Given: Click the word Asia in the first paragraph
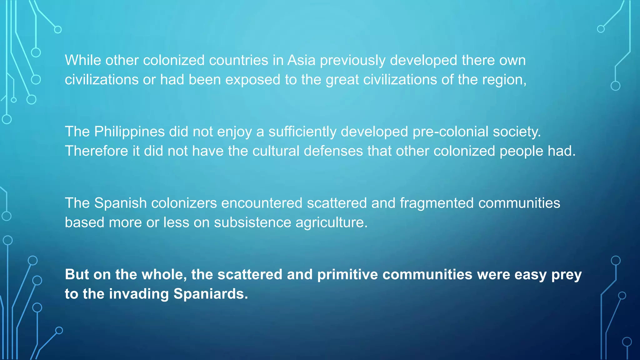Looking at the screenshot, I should (x=301, y=60).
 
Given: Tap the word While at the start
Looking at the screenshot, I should (x=83, y=60).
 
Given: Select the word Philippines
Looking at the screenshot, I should (x=129, y=132).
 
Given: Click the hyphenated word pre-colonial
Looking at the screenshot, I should (x=450, y=132).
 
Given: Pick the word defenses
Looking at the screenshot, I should (x=333, y=151).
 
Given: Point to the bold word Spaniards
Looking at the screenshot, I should (x=211, y=294).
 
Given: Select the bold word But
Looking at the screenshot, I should (x=77, y=275).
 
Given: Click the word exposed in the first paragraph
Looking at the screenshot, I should (x=253, y=80).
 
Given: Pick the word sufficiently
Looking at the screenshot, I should (x=302, y=132).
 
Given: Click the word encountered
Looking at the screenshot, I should (x=262, y=203).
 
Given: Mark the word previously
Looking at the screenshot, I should (x=352, y=60).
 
